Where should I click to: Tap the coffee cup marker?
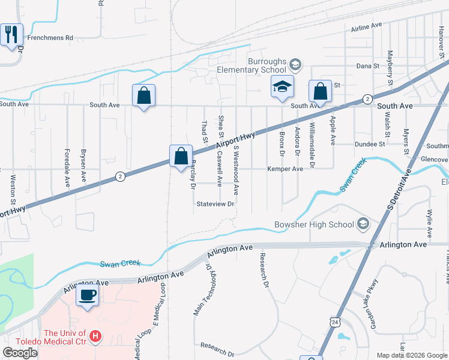pyautogui.click(x=88, y=295)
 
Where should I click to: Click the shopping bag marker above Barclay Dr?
pyautogui.click(x=181, y=157)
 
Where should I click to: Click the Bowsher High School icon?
pyautogui.click(x=363, y=225)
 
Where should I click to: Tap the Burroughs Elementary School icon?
pyautogui.click(x=295, y=64)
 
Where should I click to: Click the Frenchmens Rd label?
pyautogui.click(x=52, y=38)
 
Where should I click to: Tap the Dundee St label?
pyautogui.click(x=369, y=144)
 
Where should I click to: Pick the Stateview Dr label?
pyautogui.click(x=215, y=204)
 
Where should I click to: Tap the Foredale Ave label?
pyautogui.click(x=67, y=167)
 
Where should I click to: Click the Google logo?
pyautogui.click(x=20, y=353)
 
